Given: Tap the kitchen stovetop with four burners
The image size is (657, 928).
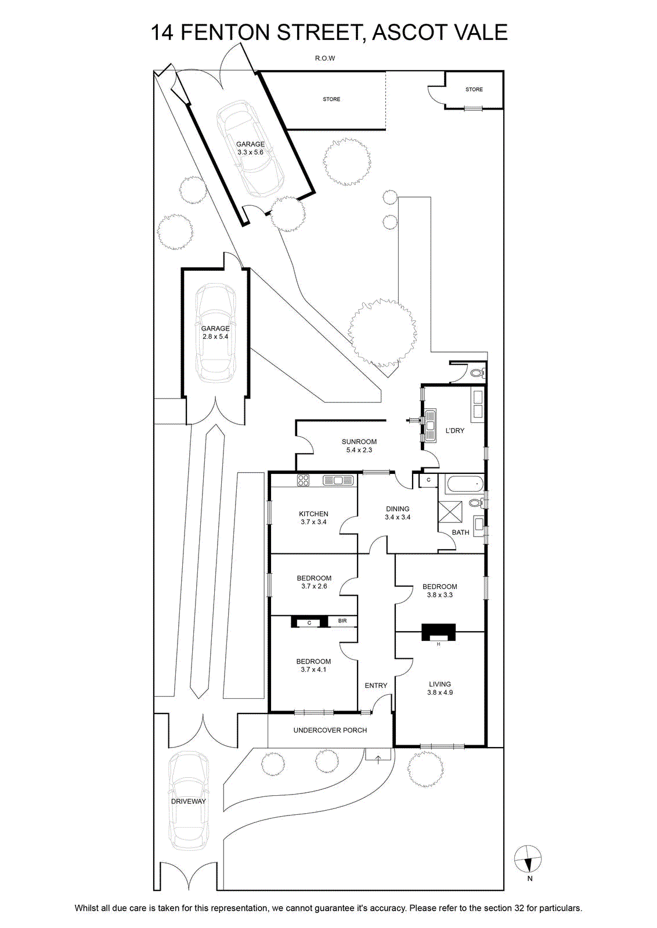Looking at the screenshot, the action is [x=303, y=480].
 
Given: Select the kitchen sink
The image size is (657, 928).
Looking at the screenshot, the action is [x=338, y=480].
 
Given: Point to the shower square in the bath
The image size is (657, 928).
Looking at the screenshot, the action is [x=450, y=512].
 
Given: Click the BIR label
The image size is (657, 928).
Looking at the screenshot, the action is [x=342, y=621].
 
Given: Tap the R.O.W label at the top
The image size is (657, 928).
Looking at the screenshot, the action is [x=325, y=59].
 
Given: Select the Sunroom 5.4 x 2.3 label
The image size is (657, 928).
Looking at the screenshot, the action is [x=359, y=445].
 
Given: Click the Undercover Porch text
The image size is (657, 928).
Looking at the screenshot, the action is [x=330, y=730].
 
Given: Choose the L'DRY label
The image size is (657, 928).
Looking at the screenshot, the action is [x=454, y=430].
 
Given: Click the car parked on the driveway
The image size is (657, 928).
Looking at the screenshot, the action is [x=189, y=800].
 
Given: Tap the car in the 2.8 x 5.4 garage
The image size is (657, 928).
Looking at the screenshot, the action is [x=215, y=332].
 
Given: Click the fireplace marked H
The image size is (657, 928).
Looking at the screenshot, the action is [x=439, y=632].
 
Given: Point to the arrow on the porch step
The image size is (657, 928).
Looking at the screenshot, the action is [x=378, y=759].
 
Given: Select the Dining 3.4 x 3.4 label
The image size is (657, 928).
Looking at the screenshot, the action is [x=398, y=513].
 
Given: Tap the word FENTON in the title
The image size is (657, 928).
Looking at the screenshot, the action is [x=226, y=32].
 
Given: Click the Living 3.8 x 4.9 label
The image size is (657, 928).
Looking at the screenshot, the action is [x=440, y=688].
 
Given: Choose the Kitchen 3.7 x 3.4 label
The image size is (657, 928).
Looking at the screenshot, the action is [x=314, y=517].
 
